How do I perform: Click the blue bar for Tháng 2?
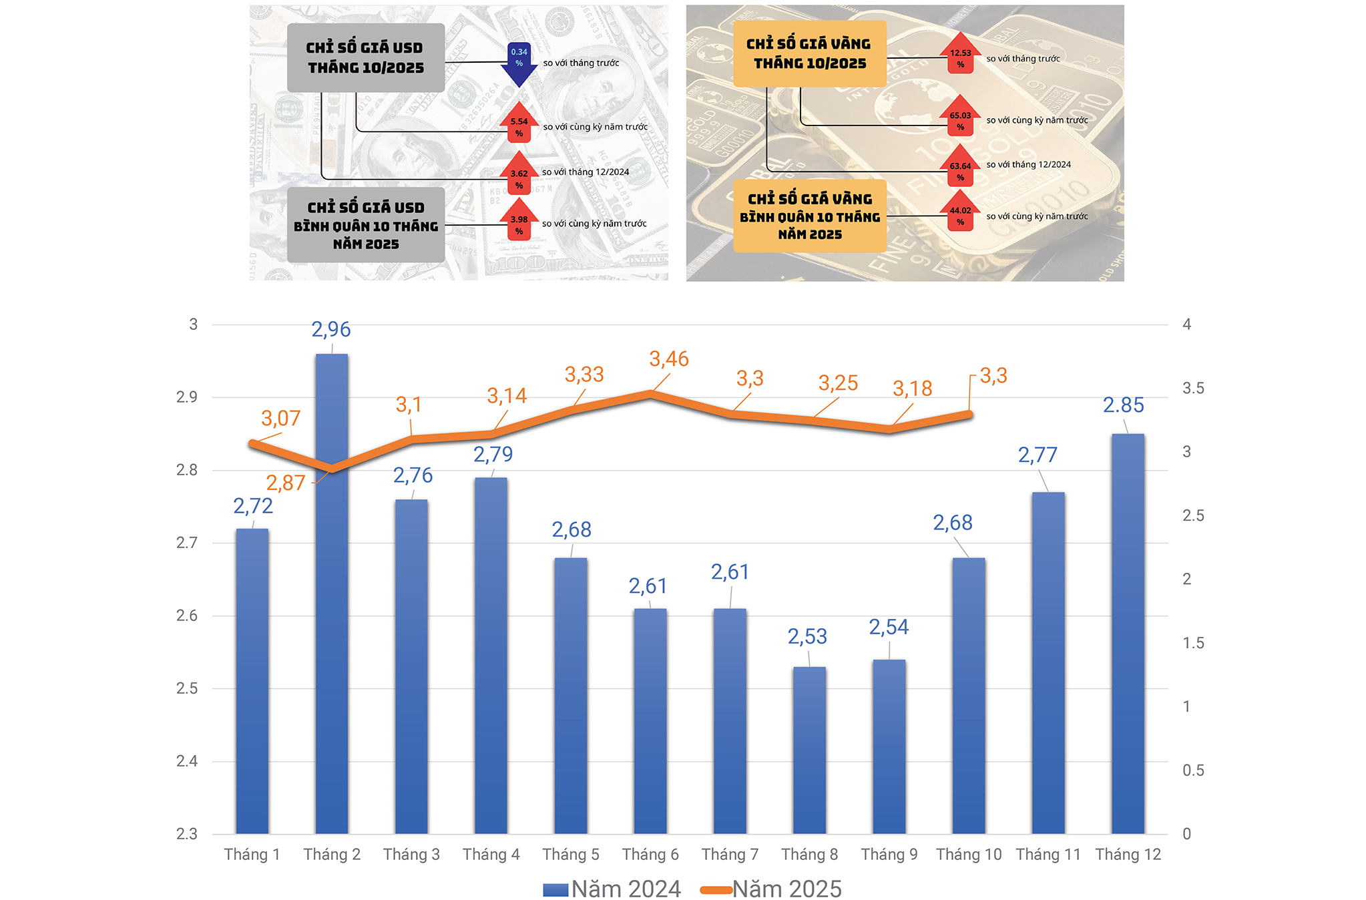pos(332,594)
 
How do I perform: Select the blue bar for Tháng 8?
pos(809,750)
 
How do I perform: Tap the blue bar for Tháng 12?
pos(1128,634)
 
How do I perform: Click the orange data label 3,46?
pos(668,359)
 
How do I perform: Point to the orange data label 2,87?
pos(285,483)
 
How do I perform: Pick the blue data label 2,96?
pos(331,329)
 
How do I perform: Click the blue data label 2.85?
pos(1123,405)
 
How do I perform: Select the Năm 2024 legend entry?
pos(612,889)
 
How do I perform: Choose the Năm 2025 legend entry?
pos(771,889)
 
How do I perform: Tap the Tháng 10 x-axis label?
pos(969,855)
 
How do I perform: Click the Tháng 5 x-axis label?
pos(571,855)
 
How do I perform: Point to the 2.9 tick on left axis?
pos(187,397)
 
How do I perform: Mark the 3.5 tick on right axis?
pos(1193,389)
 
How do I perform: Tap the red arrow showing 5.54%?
pos(519,124)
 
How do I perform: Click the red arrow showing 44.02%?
pos(960,212)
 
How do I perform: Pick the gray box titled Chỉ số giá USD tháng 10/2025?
pos(366,58)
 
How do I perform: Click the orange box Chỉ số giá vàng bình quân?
pos(810,216)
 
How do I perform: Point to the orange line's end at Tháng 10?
pos(969,415)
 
